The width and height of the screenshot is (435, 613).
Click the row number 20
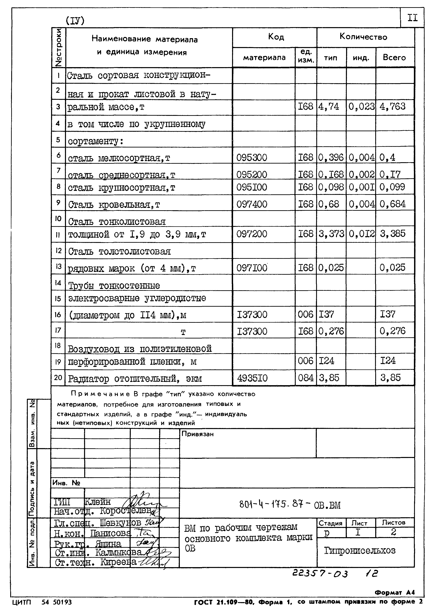tap(58, 378)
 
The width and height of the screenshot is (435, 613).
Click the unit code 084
tap(305, 378)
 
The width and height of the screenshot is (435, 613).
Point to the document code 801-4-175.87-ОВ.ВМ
tap(289, 505)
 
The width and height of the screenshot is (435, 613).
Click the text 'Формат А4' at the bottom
tap(394, 592)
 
